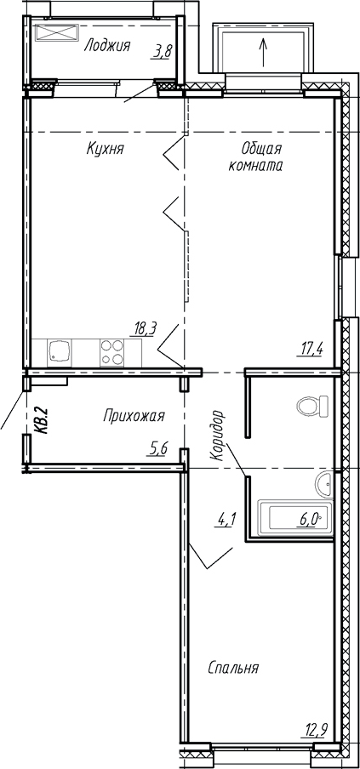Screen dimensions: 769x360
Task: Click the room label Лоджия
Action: [107, 46]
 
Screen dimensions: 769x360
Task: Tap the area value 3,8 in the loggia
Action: [161, 53]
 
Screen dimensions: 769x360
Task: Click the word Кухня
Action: [106, 149]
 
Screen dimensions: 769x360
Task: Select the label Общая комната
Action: [255, 157]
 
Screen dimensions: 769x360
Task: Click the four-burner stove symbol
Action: [111, 351]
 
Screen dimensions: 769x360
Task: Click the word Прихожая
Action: [134, 415]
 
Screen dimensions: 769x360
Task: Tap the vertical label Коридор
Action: [217, 436]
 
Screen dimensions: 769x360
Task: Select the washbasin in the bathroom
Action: [324, 485]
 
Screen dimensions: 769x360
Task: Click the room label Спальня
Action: [232, 668]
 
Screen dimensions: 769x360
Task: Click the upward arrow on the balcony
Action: [263, 49]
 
